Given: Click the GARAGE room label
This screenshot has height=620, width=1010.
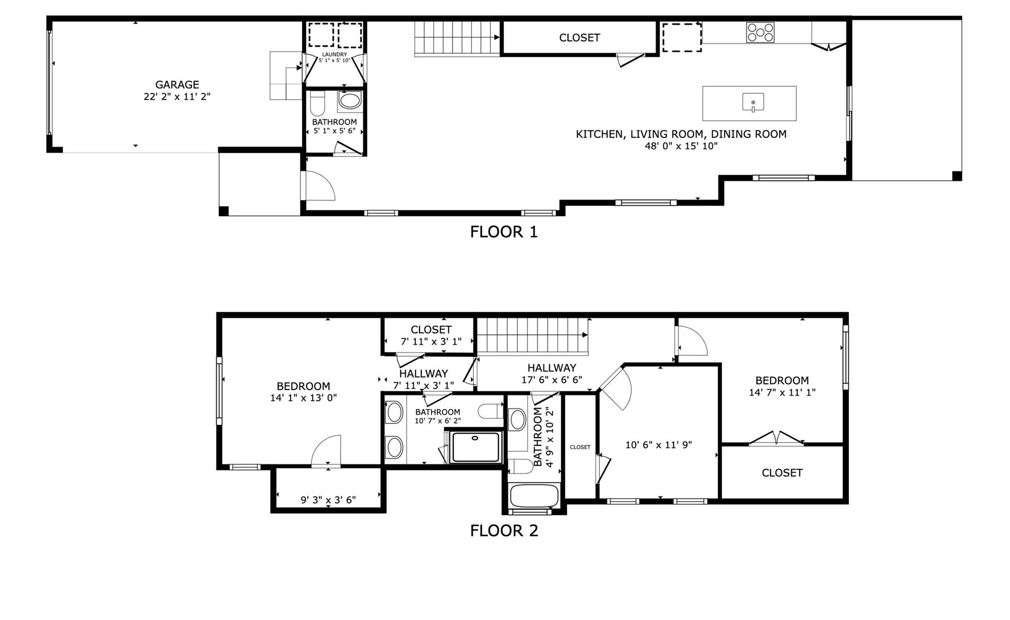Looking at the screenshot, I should [177, 85].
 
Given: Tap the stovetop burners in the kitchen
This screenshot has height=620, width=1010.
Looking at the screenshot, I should [760, 33].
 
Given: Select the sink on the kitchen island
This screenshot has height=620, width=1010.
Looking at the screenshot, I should [753, 103].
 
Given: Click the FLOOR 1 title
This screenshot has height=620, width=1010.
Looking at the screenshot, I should [504, 232].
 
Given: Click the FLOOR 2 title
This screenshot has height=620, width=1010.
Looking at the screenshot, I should [504, 531].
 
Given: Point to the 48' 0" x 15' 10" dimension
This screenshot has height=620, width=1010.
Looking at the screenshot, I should [681, 146].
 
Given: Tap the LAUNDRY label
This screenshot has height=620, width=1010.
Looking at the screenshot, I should [334, 54].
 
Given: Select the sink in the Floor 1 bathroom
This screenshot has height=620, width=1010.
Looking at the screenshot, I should [350, 101].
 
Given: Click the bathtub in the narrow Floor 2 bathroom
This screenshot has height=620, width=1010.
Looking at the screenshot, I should [535, 495].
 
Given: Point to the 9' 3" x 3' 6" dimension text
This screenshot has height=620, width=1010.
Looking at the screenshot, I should [328, 500].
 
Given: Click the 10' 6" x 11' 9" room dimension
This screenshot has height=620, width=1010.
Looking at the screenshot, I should [658, 445].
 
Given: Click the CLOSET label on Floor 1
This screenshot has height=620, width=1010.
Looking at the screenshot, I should [579, 38].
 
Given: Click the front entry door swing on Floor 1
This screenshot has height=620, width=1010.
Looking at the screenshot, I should [318, 186].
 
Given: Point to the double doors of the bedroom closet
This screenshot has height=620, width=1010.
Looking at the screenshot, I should [776, 438].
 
